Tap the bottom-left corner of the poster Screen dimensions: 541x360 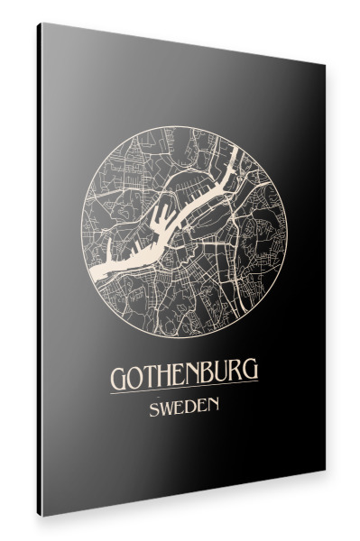(41, 516)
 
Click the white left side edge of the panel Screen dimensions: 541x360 (39, 270)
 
